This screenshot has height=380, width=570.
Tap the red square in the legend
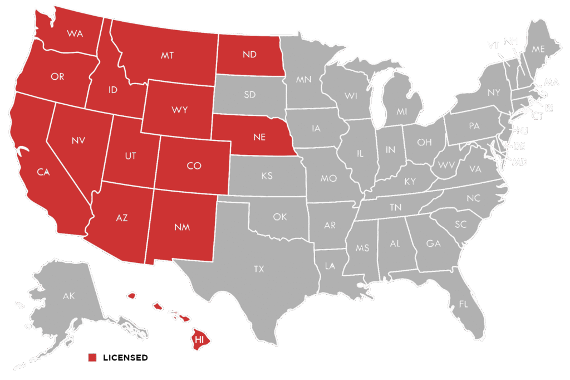92,357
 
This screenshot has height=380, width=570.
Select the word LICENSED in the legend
125,357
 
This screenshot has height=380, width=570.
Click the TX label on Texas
259,269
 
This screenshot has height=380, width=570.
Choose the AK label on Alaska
68,296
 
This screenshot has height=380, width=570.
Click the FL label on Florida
463,304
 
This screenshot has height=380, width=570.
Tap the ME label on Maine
538,49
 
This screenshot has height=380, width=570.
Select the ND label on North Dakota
249,55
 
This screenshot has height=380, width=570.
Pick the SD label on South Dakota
250,95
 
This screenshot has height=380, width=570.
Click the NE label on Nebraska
260,137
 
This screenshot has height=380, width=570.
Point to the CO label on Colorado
194,165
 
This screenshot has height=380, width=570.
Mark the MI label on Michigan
402,111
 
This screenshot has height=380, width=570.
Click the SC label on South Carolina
461,225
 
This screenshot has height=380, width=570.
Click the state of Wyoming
179,110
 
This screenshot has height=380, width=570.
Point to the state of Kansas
267,176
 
